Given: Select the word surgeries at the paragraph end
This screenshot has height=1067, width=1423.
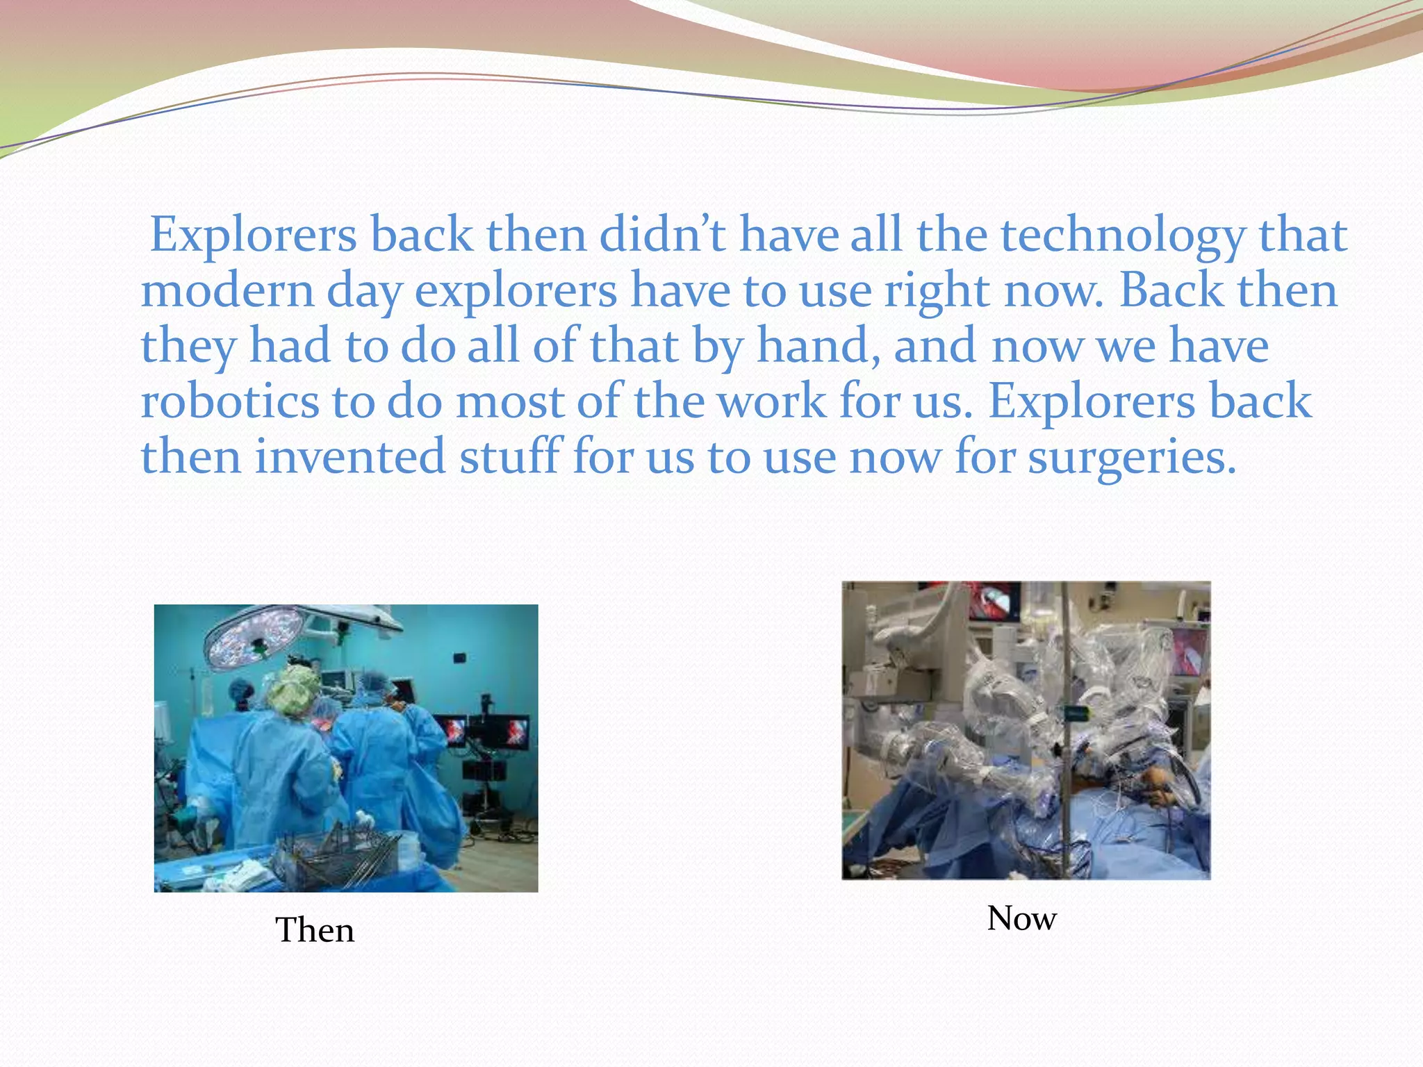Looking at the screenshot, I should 1131,458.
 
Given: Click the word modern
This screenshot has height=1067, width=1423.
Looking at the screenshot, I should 227,292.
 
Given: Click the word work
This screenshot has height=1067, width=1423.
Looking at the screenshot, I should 771,403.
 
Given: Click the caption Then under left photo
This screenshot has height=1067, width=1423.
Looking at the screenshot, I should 315,930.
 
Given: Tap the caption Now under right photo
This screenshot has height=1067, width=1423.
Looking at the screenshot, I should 1021,918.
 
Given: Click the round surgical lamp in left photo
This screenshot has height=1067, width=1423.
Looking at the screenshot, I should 254,635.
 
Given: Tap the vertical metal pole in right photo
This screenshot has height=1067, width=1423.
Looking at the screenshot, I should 1063,729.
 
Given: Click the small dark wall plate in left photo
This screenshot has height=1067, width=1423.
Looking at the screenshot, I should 459,657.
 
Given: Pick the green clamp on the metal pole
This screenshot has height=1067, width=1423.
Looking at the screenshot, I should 1076,713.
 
